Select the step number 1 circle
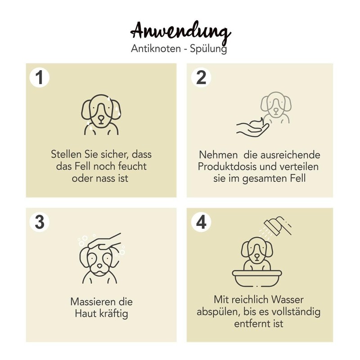[40, 77]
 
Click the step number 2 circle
[201, 77]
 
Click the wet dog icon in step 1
[101, 114]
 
